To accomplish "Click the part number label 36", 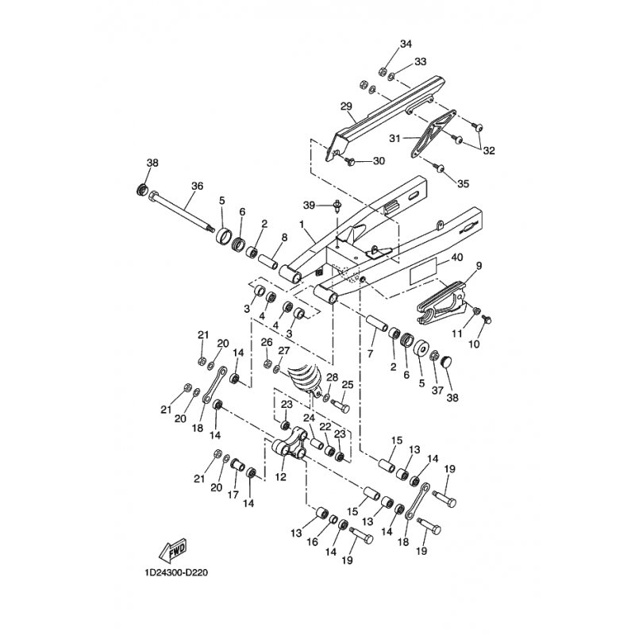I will pyautogui.click(x=198, y=187).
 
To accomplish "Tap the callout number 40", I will pyautogui.click(x=456, y=258).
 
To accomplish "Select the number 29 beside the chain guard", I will pyautogui.click(x=345, y=106).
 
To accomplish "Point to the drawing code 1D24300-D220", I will pyautogui.click(x=178, y=571).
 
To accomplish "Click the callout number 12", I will pyautogui.click(x=280, y=478).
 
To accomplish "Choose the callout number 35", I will pyautogui.click(x=464, y=184).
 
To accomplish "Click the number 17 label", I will pyautogui.click(x=233, y=493).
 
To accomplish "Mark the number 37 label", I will pyautogui.click(x=436, y=390).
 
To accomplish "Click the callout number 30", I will pyautogui.click(x=379, y=161).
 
